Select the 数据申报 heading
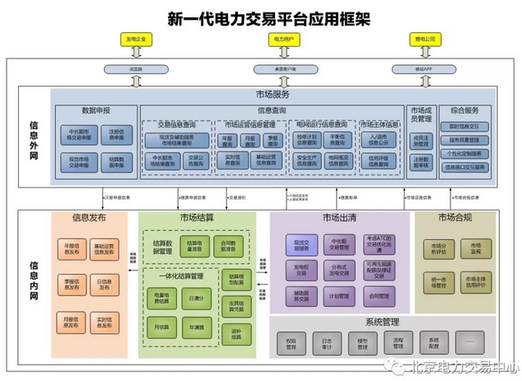pyautogui.click(x=96, y=109)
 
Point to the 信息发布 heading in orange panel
pyautogui.click(x=89, y=219)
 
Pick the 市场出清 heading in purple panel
pyautogui.click(x=338, y=219)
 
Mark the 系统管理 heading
pyautogui.click(x=381, y=322)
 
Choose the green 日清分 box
pyautogui.click(x=196, y=298)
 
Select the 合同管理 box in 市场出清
pyautogui.click(x=379, y=295)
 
